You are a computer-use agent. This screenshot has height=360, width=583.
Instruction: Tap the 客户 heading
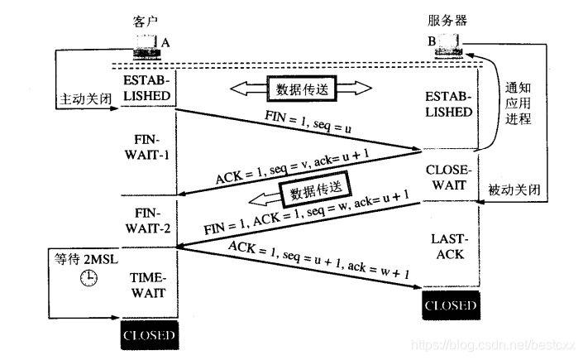[145, 19]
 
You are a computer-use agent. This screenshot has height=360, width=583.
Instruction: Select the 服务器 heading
[446, 19]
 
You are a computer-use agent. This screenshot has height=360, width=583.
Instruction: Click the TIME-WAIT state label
[149, 285]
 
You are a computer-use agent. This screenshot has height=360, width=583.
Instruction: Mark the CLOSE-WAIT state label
[451, 176]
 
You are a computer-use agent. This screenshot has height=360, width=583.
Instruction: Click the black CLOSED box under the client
[149, 335]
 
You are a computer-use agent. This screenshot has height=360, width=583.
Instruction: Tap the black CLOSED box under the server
[450, 305]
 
